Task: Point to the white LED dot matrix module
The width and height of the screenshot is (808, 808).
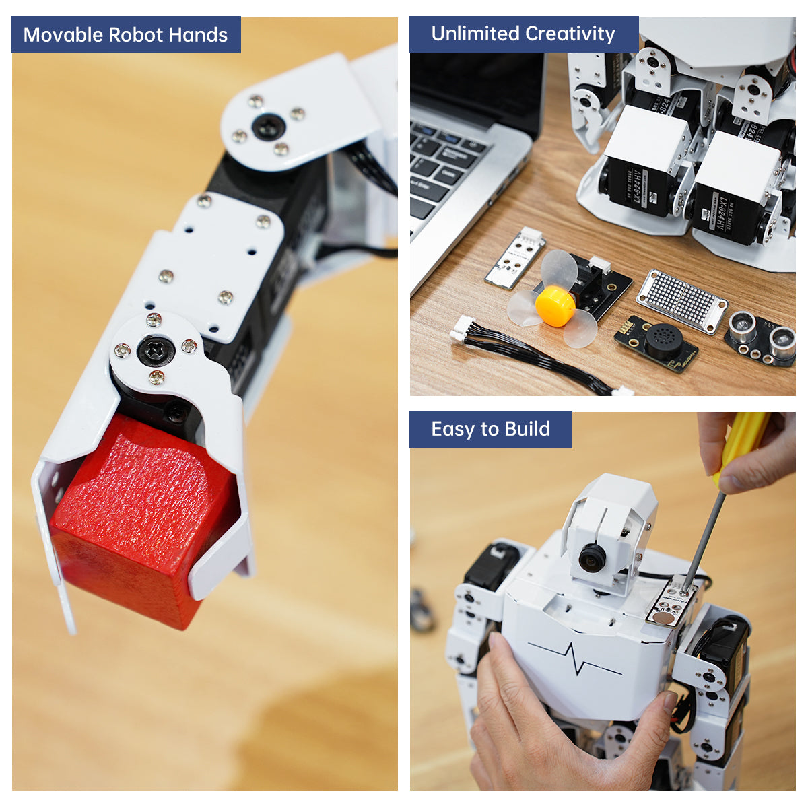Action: (681, 300)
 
